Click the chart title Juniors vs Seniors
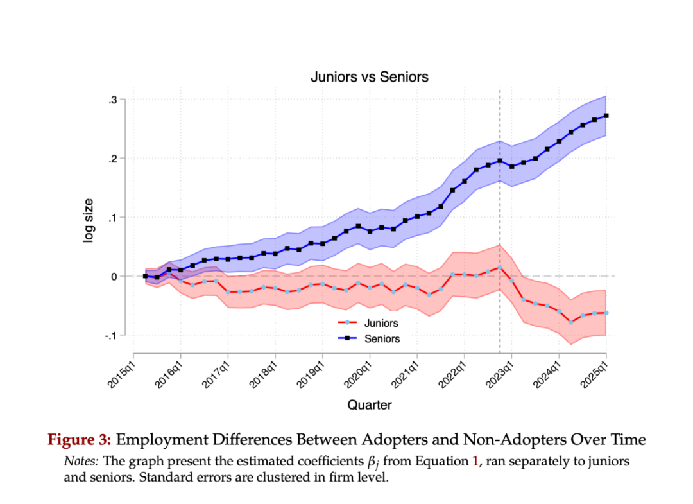(369, 77)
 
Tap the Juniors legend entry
(381, 324)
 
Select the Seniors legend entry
(382, 338)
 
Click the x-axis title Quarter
(370, 405)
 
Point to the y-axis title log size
(89, 220)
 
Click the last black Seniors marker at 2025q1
(606, 116)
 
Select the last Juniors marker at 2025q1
(606, 313)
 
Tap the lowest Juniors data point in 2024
(570, 322)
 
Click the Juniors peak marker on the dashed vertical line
(500, 267)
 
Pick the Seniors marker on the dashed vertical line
(500, 161)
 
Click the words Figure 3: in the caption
(80, 440)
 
